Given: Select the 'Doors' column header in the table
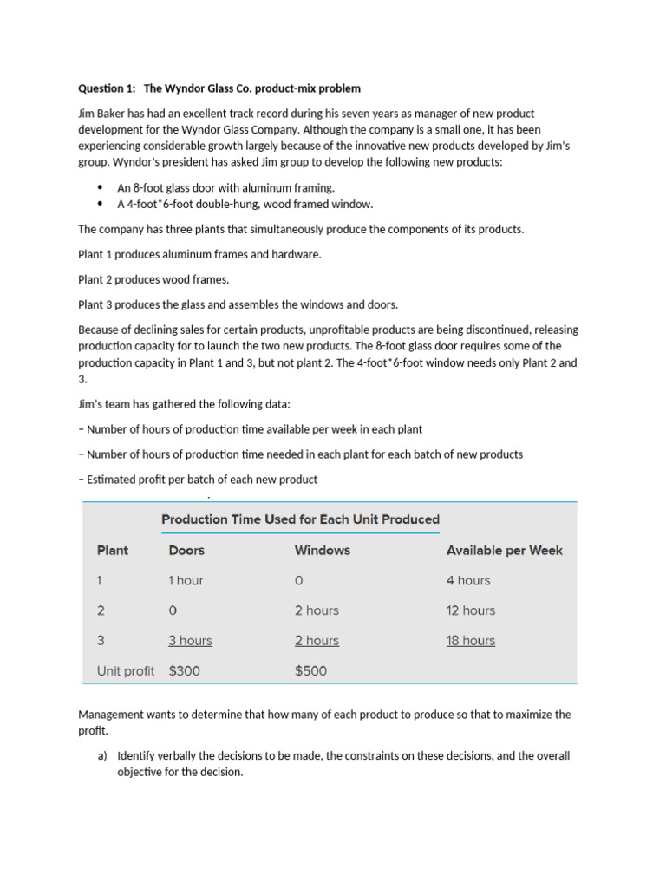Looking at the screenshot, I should [x=186, y=550].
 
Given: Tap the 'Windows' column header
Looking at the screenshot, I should [x=323, y=550].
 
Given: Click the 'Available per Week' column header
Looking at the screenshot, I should [x=504, y=550].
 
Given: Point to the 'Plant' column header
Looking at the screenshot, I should [x=113, y=550].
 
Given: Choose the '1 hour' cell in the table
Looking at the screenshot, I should [x=186, y=580].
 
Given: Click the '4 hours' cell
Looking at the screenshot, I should [x=468, y=580].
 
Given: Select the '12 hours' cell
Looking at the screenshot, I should [x=471, y=610].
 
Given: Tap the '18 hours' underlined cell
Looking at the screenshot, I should [x=471, y=641].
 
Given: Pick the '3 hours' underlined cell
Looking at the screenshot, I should [x=190, y=641].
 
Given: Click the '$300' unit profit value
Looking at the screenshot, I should [x=187, y=670].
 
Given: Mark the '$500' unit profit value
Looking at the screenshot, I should [x=311, y=670].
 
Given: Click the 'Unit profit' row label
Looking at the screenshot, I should [x=126, y=670].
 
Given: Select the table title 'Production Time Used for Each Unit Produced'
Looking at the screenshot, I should [x=300, y=519].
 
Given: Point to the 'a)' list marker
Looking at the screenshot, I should [x=102, y=755].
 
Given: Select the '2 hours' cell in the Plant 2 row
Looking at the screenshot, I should [x=317, y=610].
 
